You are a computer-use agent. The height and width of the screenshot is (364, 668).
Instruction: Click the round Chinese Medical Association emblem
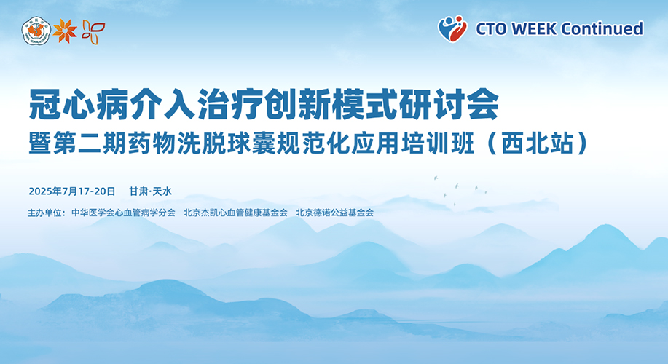click(x=36, y=31)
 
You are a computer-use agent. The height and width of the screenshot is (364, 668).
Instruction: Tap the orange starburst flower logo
click(x=65, y=31)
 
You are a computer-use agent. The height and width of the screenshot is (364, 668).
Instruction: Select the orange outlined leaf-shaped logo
click(x=93, y=32)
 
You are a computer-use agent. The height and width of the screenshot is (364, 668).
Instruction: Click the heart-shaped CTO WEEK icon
click(x=452, y=28)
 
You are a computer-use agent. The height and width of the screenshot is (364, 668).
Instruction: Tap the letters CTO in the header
click(x=491, y=29)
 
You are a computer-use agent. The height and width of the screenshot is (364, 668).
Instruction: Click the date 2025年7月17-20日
click(x=72, y=191)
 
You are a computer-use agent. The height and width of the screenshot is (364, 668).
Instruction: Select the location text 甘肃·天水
click(x=150, y=191)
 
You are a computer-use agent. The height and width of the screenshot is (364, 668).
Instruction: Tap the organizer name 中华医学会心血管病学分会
click(x=123, y=213)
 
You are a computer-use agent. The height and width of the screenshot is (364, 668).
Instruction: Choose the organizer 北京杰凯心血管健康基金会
click(x=235, y=213)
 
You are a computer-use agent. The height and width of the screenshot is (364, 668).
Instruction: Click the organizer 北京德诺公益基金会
click(x=335, y=213)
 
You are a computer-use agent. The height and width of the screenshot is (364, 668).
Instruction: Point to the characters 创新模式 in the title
click(x=331, y=104)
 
